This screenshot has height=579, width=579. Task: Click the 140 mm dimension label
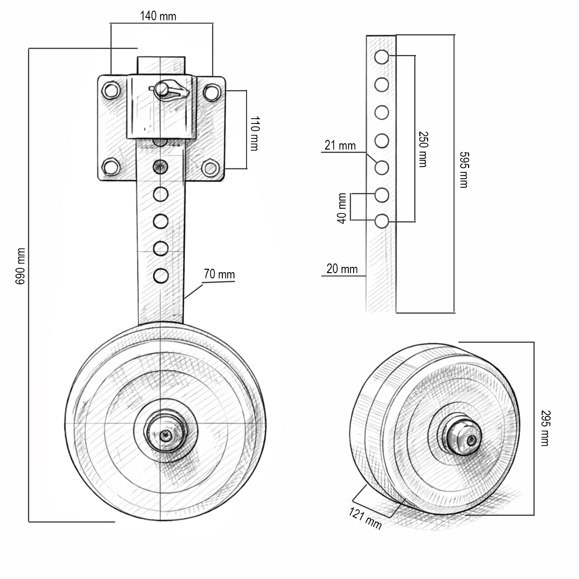(158, 16)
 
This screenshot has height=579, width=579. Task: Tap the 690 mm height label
(20, 266)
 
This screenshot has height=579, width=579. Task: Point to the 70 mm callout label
(219, 275)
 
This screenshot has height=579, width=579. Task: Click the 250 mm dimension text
(423, 149)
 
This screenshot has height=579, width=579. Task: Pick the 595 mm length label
(463, 169)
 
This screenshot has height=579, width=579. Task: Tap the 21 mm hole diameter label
(340, 145)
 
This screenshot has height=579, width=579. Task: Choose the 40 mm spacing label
(342, 208)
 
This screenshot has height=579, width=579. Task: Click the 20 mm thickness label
(342, 269)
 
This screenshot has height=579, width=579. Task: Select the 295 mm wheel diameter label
(545, 428)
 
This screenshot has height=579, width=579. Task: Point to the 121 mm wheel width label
(365, 519)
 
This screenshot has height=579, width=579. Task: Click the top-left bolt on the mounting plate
(111, 90)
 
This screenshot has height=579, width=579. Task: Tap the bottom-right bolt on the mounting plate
(210, 168)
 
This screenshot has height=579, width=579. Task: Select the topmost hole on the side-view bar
(382, 56)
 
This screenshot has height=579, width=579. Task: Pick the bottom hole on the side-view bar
(382, 221)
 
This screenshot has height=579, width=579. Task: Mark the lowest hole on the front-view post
(161, 276)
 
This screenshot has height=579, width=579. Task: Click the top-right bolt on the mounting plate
(211, 91)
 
